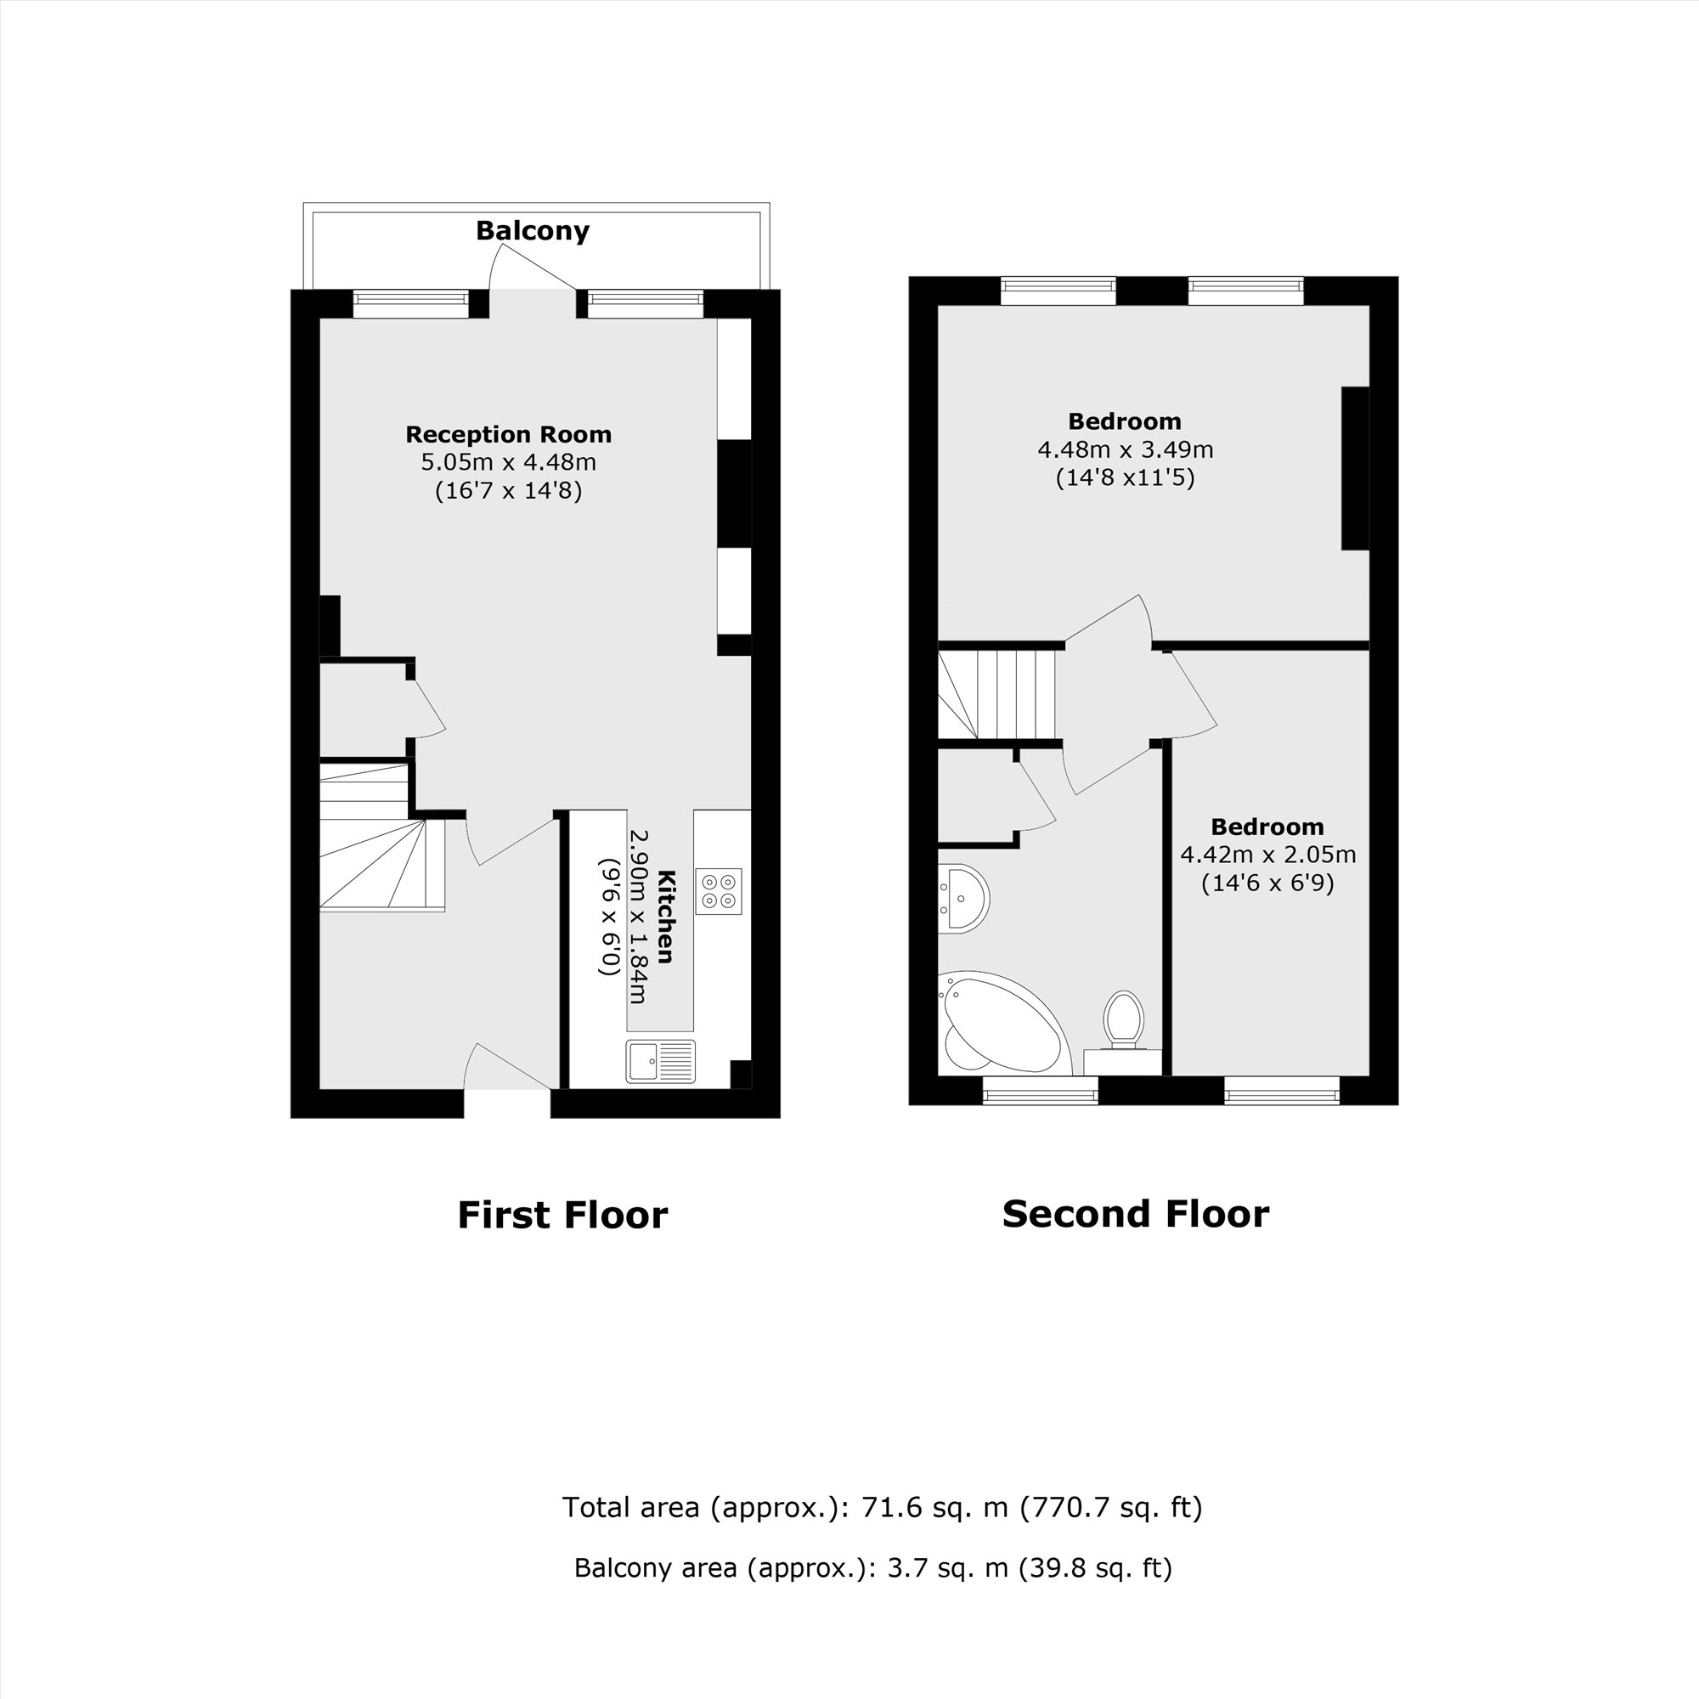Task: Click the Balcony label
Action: [x=532, y=230]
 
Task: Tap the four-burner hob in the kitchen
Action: [x=719, y=891]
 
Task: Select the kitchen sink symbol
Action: [x=660, y=1061]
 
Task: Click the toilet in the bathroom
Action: [x=1123, y=1020]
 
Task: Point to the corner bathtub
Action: [x=1002, y=1024]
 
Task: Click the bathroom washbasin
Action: [x=965, y=898]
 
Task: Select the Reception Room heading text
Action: [x=508, y=434]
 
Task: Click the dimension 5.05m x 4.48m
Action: [x=508, y=461]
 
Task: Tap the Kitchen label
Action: [x=666, y=917]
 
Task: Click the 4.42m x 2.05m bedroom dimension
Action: [x=1267, y=854]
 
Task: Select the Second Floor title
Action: [x=1134, y=1215]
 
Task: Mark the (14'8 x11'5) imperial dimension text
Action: [x=1125, y=477]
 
